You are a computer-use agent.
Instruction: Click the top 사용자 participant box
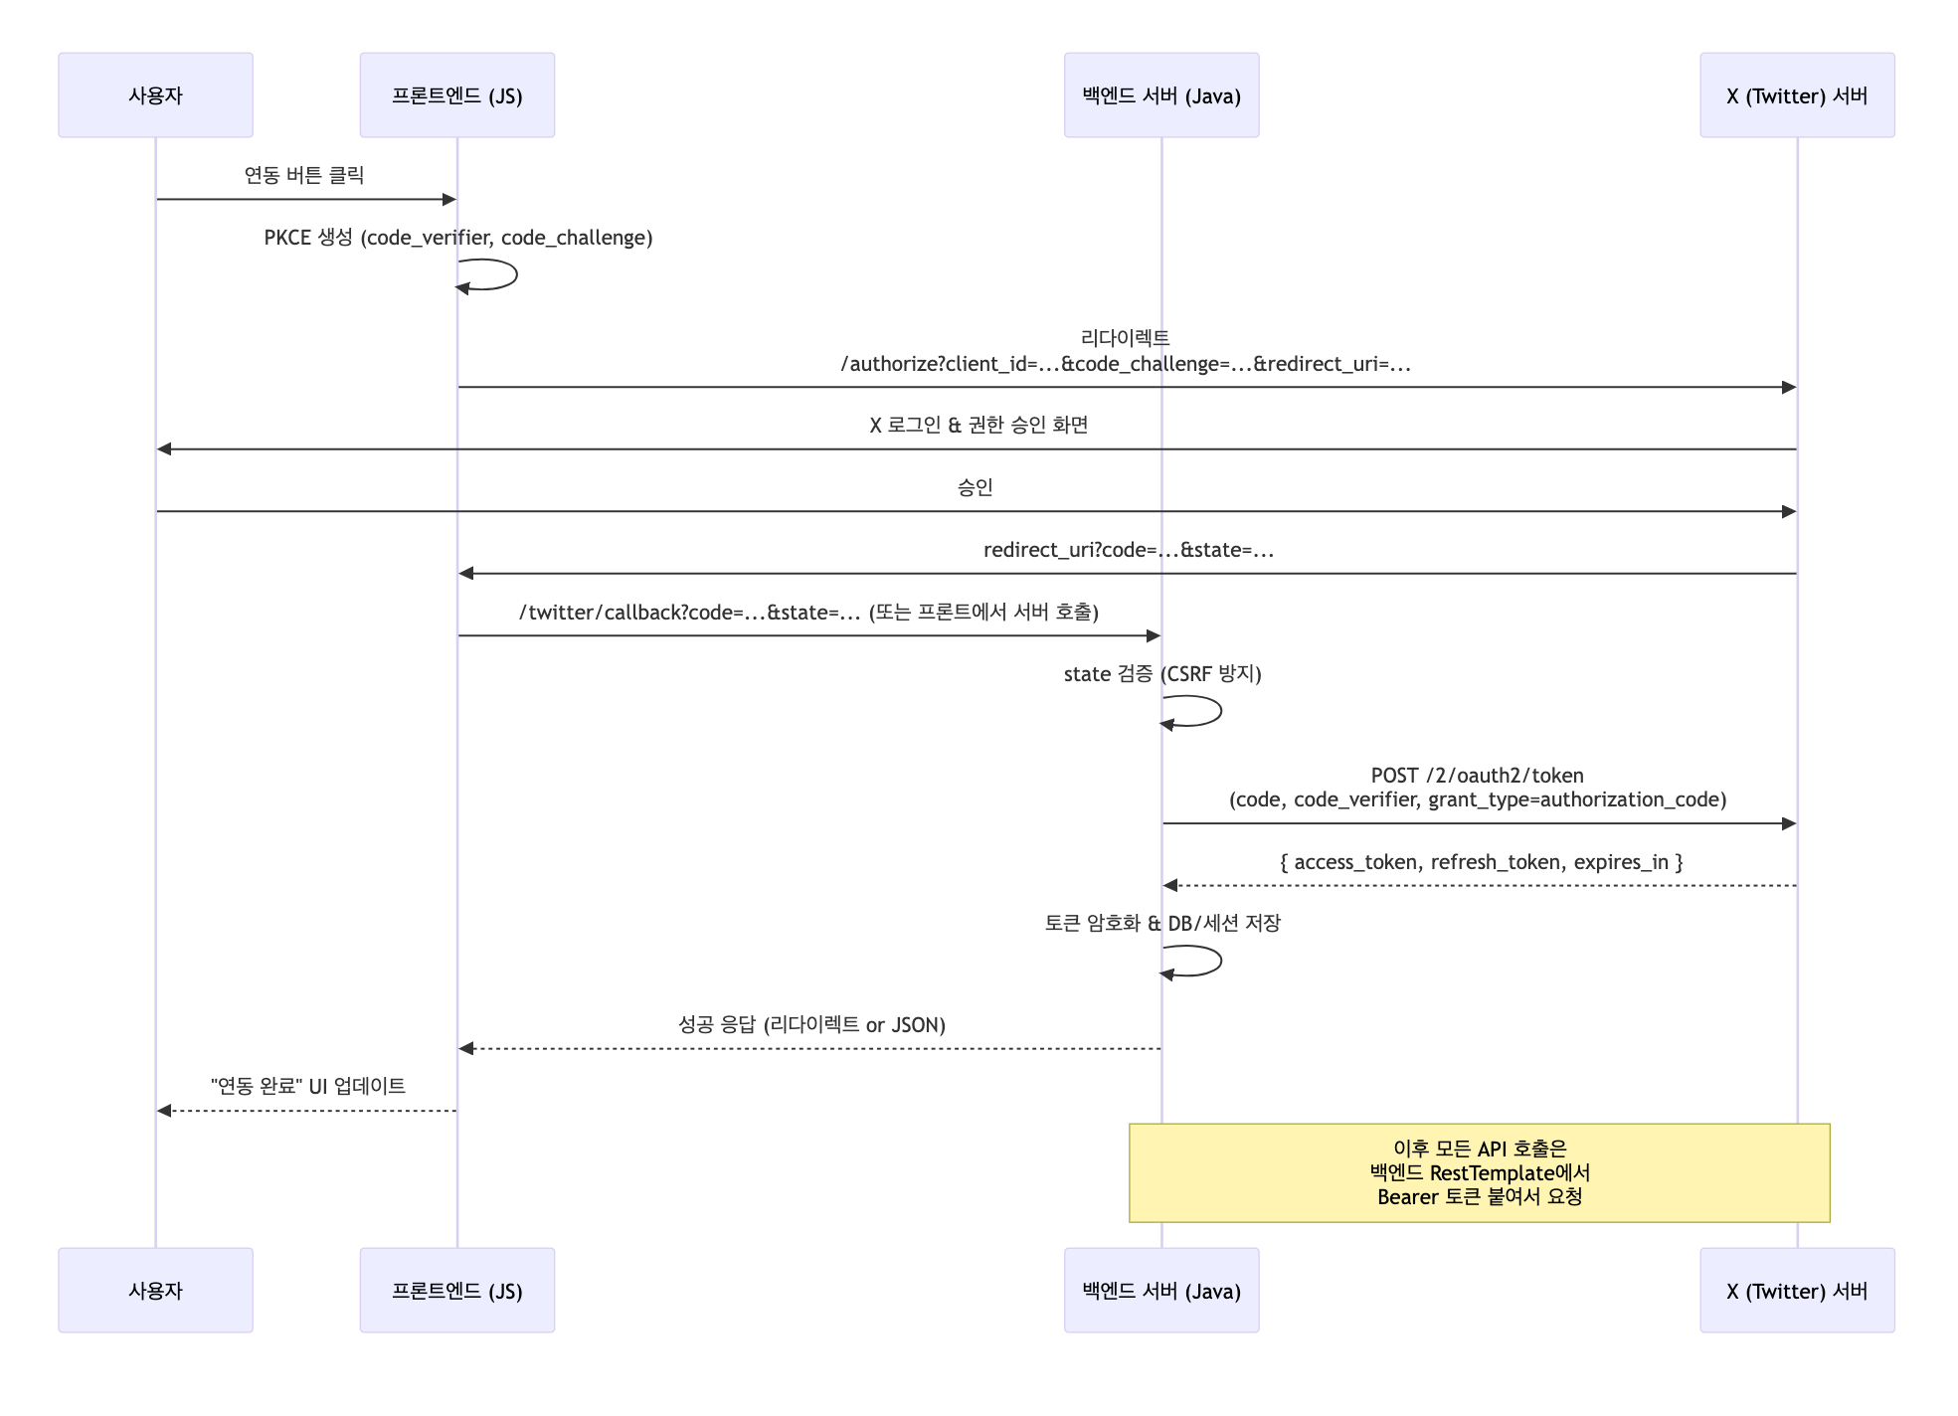155,95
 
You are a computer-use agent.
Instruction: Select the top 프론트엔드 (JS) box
456,95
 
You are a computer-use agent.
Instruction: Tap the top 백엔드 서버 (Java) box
1160,95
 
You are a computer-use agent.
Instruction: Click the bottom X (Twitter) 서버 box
1796,1291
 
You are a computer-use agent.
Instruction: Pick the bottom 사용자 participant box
155,1291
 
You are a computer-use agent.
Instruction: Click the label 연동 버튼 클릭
304,176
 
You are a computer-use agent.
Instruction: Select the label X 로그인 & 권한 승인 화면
979,426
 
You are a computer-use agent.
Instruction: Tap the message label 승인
975,487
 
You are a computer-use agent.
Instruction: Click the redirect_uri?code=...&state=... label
1128,550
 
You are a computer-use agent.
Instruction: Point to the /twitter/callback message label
807,613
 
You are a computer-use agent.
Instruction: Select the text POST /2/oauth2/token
1477,776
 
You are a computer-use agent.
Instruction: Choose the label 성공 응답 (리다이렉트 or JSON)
811,1025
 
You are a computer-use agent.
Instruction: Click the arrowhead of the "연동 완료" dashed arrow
164,1111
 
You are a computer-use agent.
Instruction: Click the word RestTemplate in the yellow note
1492,1173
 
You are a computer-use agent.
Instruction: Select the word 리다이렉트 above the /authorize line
1125,338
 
